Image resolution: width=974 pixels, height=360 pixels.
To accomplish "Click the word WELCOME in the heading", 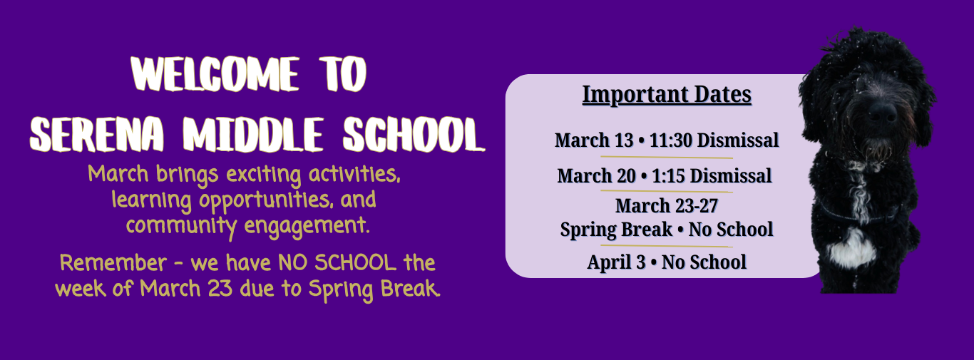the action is coord(215,74).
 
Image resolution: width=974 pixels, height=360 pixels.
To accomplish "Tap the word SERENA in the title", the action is coord(97,134).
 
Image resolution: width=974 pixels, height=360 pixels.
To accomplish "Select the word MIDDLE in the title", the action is coord(253,134).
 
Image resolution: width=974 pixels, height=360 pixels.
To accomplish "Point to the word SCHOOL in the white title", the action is coord(414,135).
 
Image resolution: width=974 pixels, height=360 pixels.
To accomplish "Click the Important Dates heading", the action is coord(667,95).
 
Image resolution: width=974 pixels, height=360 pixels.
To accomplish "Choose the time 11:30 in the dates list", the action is coord(672,140).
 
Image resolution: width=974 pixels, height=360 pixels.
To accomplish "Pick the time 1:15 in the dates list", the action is coord(668,176).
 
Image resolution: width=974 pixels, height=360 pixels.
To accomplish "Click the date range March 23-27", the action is coord(667,205).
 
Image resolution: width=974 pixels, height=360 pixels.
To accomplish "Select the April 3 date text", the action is coord(616,262).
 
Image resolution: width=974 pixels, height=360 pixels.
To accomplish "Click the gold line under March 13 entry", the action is coord(667,157).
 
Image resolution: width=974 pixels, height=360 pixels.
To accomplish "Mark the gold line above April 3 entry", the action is coord(667,246).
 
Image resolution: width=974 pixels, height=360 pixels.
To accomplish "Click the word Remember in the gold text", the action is coord(113,263).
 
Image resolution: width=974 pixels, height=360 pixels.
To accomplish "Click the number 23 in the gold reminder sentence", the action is coord(220,289).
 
